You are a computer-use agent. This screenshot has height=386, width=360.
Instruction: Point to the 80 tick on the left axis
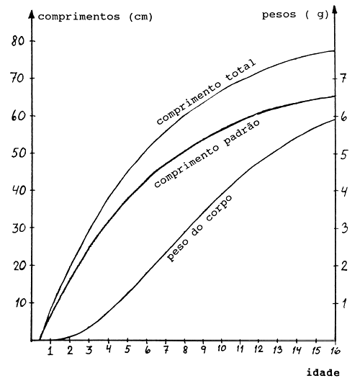[18, 41]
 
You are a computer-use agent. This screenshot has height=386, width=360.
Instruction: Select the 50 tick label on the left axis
[17, 153]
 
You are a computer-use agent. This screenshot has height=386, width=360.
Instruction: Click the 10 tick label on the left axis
[17, 302]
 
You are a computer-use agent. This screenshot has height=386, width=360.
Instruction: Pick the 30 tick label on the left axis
[17, 228]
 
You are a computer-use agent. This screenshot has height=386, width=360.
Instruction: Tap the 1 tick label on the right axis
[345, 303]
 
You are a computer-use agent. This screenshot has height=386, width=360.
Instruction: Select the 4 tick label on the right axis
[345, 191]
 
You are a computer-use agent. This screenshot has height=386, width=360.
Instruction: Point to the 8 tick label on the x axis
[185, 351]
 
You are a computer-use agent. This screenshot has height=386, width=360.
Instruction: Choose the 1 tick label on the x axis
[50, 352]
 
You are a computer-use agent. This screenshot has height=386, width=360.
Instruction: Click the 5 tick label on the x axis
[127, 351]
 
